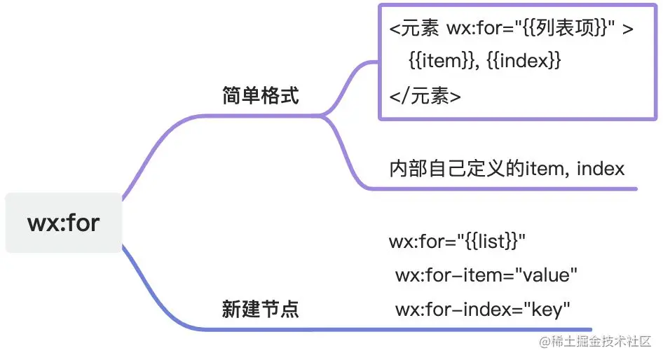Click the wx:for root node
click(x=63, y=223)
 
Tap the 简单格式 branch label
click(x=261, y=96)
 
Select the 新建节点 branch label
click(x=261, y=309)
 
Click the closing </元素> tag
click(x=425, y=95)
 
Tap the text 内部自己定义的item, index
click(x=507, y=169)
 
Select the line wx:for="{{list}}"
click(x=457, y=242)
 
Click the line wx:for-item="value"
click(x=486, y=275)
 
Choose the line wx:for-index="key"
click(x=483, y=308)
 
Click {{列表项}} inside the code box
click(x=561, y=30)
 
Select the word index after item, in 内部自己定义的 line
click(x=601, y=169)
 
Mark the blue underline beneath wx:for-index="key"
click(x=491, y=329)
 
